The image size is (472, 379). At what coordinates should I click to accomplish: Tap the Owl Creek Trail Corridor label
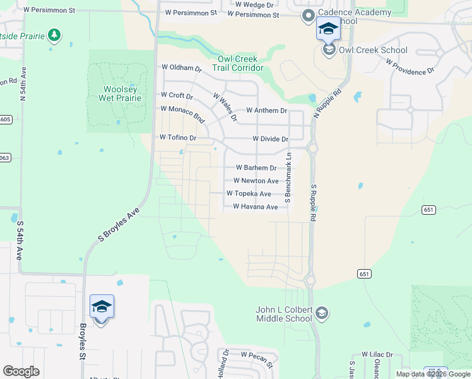tap(237, 63)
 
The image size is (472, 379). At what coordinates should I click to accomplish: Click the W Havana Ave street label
tap(255, 207)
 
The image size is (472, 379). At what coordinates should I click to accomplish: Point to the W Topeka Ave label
tap(249, 194)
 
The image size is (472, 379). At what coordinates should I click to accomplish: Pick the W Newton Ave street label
tap(256, 181)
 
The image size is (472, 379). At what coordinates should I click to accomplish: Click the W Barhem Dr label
tap(256, 168)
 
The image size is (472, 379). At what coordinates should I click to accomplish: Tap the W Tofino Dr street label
tap(178, 137)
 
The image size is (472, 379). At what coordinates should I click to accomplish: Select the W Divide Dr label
tap(270, 138)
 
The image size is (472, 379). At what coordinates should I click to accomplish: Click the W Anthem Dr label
tap(266, 111)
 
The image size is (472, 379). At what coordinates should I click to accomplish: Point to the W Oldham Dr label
tap(181, 67)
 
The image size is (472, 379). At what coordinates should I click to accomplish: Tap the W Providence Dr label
tap(410, 68)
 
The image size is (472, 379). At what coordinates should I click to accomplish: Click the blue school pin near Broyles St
tap(102, 308)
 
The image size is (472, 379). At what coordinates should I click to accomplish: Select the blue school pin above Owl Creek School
tap(328, 29)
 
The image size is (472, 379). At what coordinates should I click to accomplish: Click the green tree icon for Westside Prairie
tap(55, 35)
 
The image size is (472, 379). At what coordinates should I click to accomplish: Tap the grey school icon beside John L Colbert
tap(322, 313)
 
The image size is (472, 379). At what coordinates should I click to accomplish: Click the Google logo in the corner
tap(21, 371)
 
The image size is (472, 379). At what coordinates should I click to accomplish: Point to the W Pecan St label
tap(256, 358)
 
